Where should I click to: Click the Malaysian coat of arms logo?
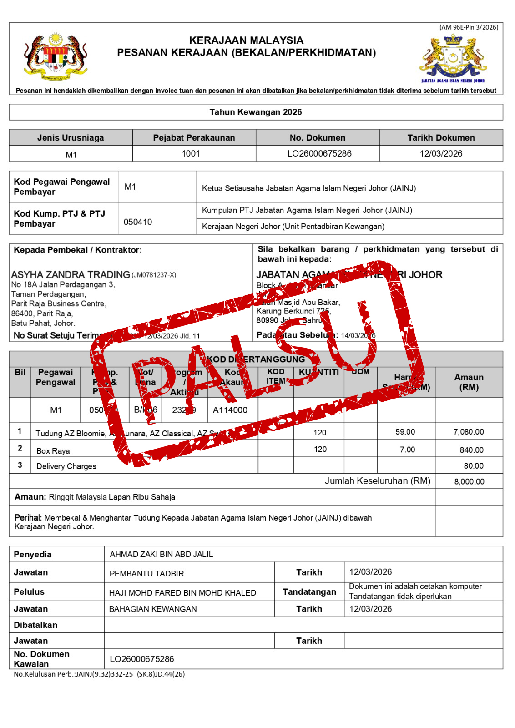point(56,55)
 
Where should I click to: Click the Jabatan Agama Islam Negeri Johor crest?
point(453,58)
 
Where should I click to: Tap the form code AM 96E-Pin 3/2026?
point(469,27)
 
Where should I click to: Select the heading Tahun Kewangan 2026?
point(256,112)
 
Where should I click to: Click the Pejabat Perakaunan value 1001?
point(191,154)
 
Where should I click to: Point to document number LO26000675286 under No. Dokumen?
point(319,154)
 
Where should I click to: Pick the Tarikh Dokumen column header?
point(441,138)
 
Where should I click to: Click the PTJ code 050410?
point(138,222)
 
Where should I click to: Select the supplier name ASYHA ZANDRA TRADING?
point(71,275)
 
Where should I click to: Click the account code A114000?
point(230,410)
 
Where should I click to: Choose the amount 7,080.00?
point(469,432)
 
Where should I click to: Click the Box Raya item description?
point(53,451)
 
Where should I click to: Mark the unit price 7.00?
point(407,450)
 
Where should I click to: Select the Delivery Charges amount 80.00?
point(474,466)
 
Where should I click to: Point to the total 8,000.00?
point(469,481)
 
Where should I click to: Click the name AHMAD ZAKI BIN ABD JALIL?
point(162,554)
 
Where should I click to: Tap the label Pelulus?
point(29,592)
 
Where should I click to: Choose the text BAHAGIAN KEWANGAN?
point(153,609)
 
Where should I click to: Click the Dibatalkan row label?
point(35,625)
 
